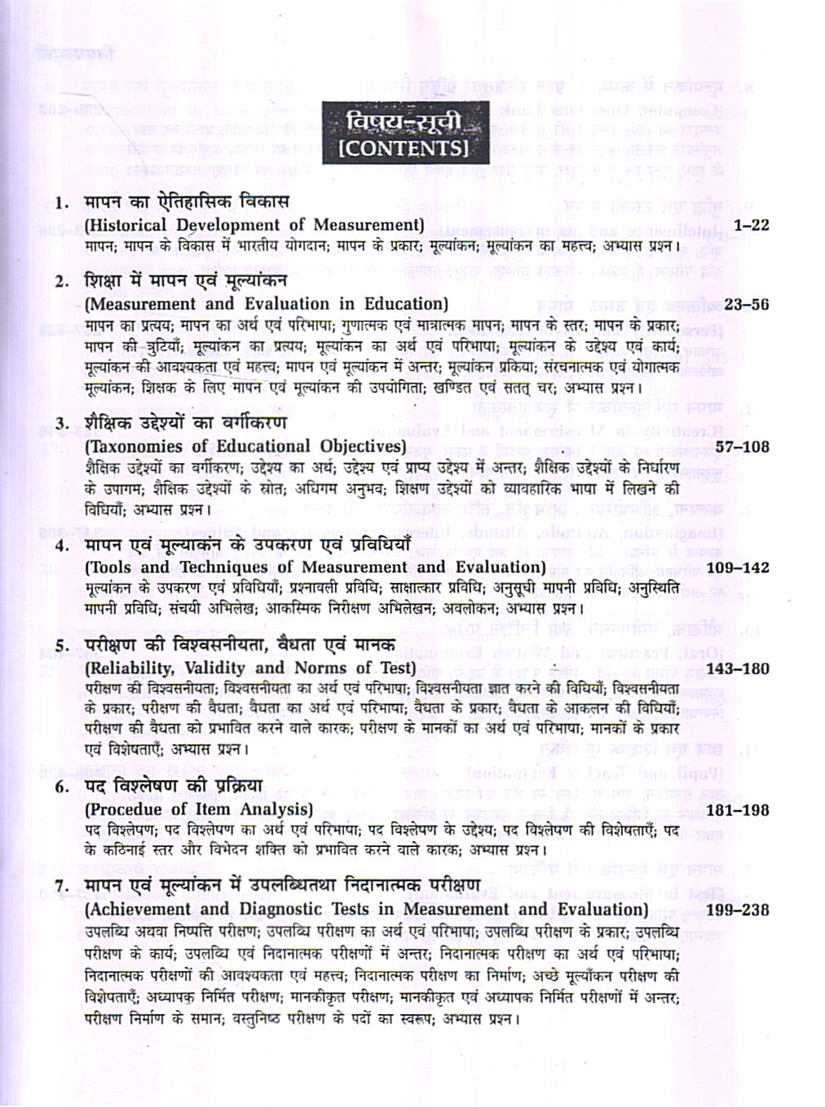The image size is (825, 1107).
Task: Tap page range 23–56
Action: pyautogui.click(x=747, y=304)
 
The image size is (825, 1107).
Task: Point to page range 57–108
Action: pyautogui.click(x=742, y=446)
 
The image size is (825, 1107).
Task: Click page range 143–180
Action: pyautogui.click(x=737, y=668)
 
